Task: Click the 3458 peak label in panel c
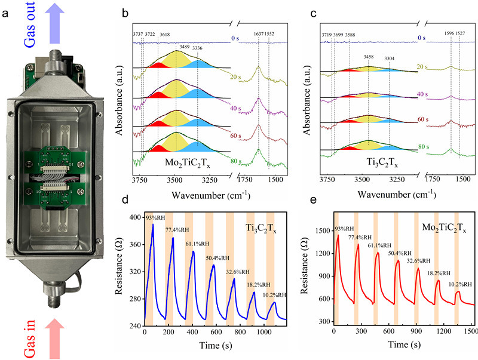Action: coord(369,58)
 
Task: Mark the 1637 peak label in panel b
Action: coord(258,35)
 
